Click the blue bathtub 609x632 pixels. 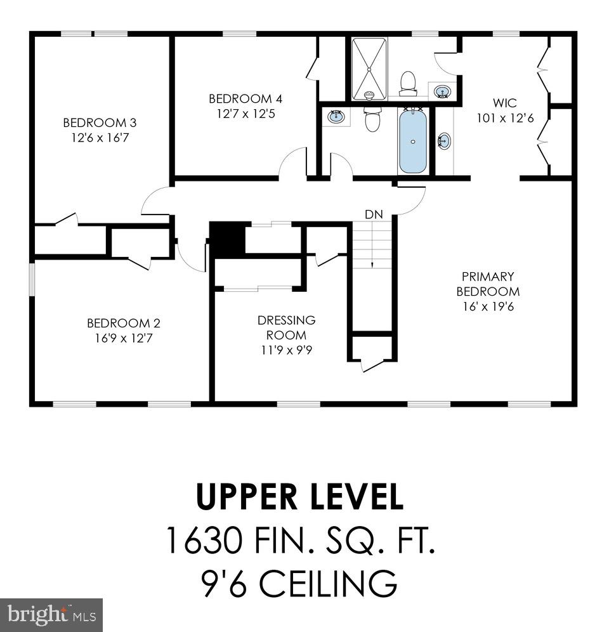[x=412, y=141]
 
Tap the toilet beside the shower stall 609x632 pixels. [x=408, y=82]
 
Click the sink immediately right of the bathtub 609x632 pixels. [x=444, y=140]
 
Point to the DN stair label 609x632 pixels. [x=374, y=214]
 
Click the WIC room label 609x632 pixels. [x=504, y=103]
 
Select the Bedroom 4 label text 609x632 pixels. [x=246, y=98]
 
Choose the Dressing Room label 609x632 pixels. [x=286, y=327]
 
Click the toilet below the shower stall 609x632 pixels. [x=372, y=119]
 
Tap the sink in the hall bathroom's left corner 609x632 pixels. [x=336, y=117]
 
